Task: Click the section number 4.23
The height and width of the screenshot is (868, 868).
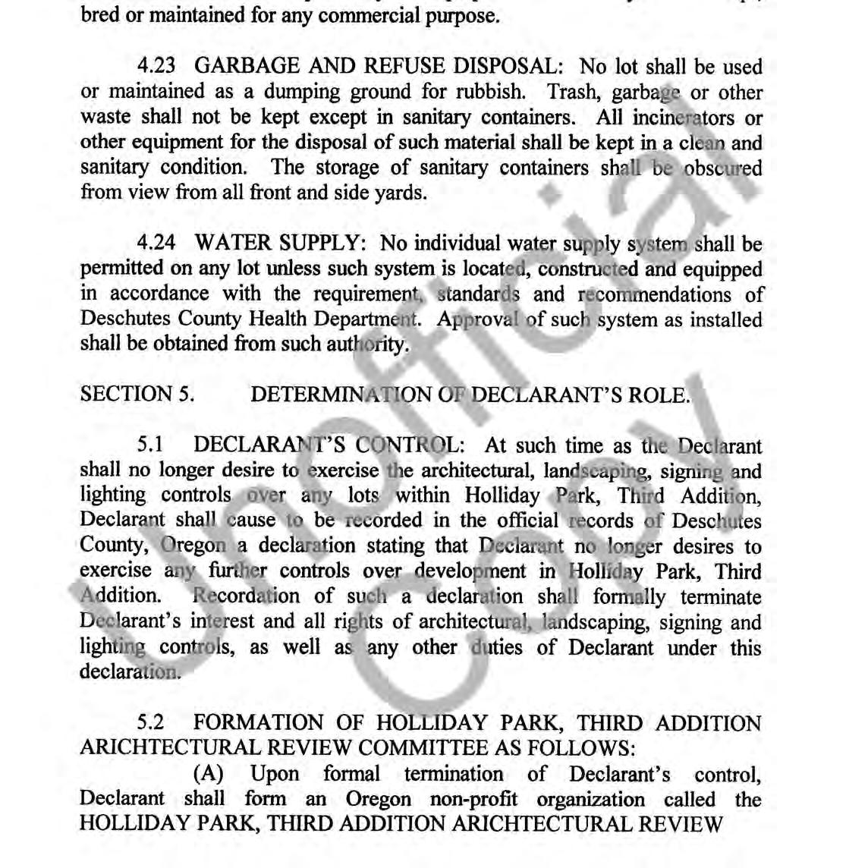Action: pyautogui.click(x=156, y=67)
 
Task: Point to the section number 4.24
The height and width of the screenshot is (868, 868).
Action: pyautogui.click(x=156, y=244)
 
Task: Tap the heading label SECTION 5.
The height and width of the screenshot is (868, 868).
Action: pyautogui.click(x=137, y=395)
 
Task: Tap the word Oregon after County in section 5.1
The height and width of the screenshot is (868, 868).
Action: pyautogui.click(x=193, y=546)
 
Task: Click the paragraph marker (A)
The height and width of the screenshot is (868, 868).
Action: pyautogui.click(x=209, y=774)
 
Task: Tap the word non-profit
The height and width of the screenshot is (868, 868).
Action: pyautogui.click(x=475, y=799)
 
